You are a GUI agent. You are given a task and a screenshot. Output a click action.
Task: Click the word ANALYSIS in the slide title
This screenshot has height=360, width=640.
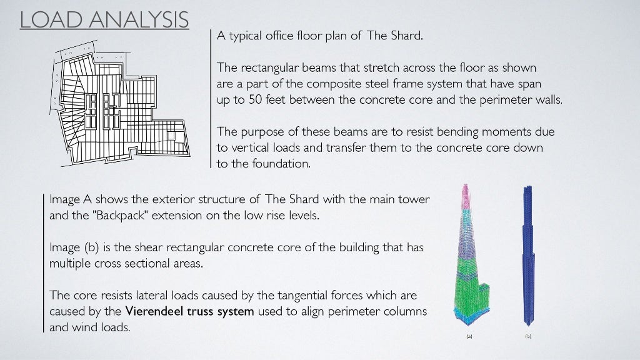(x=140, y=19)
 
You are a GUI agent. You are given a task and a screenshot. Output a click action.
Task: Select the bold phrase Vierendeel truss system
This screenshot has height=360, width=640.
(x=190, y=311)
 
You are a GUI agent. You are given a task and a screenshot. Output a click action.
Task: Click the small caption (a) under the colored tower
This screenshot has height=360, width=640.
(x=469, y=336)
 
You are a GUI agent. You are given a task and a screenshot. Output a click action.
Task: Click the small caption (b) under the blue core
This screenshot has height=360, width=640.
(x=528, y=336)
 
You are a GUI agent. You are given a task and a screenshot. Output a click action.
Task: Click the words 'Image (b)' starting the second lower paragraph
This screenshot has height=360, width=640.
(x=72, y=247)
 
